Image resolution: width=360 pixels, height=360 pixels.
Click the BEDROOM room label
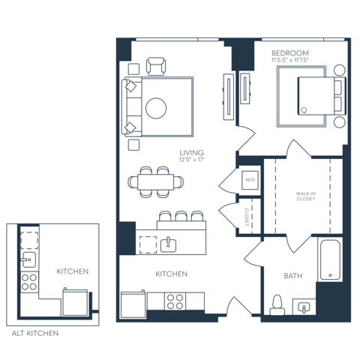[x=290, y=54]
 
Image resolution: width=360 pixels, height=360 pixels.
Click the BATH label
[x=292, y=276]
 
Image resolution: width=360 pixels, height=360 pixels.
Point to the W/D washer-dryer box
[x=250, y=181]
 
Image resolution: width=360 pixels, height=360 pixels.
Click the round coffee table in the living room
[x=156, y=108]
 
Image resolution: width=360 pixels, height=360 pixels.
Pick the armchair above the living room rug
[x=157, y=66]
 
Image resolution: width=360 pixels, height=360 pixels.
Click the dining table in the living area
[x=155, y=181]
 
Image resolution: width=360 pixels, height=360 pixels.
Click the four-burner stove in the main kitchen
[x=175, y=301]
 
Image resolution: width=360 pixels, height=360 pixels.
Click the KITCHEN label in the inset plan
[x=73, y=271]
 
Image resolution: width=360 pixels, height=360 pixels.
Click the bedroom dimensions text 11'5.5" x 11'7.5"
[x=290, y=62]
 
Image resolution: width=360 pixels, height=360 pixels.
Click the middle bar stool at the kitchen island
[x=181, y=217]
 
